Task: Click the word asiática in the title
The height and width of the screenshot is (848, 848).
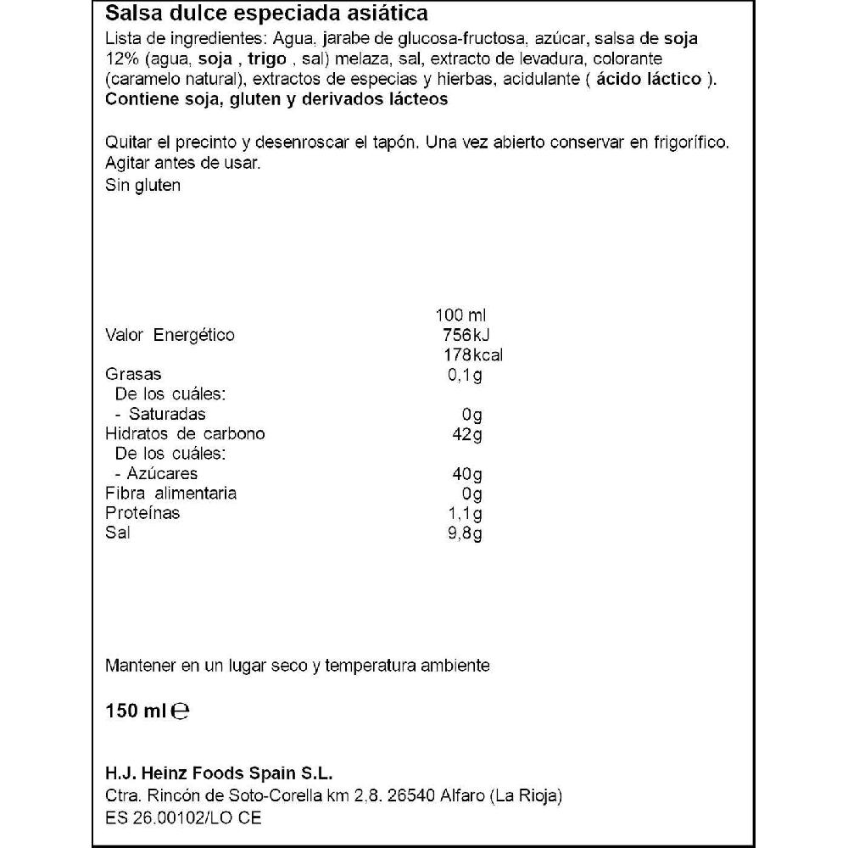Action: tap(390, 14)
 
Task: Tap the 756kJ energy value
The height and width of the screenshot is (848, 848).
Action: tap(466, 335)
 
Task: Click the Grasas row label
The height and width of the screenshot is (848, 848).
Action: tap(133, 374)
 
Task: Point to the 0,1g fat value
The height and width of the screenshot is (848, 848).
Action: tap(465, 375)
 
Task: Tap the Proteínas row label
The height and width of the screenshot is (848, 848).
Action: tap(142, 513)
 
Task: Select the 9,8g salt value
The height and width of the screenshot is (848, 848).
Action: tap(465, 533)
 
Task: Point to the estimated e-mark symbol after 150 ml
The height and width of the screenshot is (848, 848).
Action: tap(180, 711)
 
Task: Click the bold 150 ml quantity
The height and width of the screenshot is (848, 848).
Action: tap(135, 711)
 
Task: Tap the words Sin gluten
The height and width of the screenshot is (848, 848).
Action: tap(142, 185)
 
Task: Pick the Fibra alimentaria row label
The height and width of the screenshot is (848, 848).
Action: tap(170, 494)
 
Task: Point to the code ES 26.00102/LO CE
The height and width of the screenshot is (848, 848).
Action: tap(184, 818)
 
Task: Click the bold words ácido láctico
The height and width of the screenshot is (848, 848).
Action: tap(649, 79)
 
